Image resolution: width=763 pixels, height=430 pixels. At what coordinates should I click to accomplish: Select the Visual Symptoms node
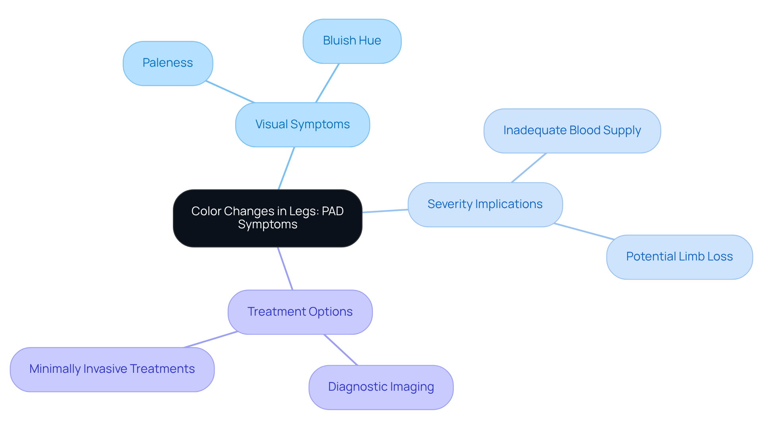[x=302, y=125]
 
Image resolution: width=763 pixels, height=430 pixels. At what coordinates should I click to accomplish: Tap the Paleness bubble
[x=168, y=63]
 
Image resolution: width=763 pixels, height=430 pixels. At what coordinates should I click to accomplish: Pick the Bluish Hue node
[x=352, y=41]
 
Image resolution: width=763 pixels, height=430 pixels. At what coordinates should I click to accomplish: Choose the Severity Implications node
[x=485, y=204]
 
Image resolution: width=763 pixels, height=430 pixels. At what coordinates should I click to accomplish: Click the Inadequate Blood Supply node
[x=572, y=131]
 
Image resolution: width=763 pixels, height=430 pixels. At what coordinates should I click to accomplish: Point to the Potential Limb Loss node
[x=679, y=257]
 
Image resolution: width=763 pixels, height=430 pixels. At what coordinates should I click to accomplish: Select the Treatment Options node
[x=300, y=312]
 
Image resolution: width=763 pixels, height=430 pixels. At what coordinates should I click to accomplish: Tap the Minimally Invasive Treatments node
[x=112, y=369]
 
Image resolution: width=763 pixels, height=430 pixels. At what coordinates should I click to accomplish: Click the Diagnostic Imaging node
[x=381, y=387]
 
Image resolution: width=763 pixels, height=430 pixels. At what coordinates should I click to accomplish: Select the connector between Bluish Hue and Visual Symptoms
[x=327, y=83]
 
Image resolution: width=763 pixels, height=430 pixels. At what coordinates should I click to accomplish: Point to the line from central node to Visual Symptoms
[x=287, y=168]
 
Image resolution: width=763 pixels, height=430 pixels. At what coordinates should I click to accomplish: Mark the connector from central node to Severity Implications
[x=385, y=211]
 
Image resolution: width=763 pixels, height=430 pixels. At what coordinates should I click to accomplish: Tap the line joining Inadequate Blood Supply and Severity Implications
[x=529, y=168]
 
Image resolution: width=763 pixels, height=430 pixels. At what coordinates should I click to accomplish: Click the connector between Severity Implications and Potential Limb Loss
[x=584, y=231]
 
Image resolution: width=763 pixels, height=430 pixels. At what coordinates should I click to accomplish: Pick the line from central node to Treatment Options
[x=285, y=268]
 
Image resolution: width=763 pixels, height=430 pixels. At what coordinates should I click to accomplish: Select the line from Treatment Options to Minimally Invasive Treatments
[x=211, y=339]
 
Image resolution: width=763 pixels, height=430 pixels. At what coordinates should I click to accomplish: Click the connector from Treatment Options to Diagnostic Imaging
[x=341, y=349]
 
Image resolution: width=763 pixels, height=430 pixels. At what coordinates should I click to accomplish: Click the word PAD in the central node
[x=333, y=211]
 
